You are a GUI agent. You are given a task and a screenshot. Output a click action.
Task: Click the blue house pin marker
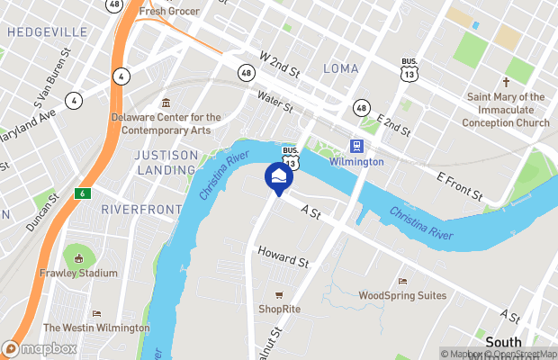pyautogui.click(x=278, y=175)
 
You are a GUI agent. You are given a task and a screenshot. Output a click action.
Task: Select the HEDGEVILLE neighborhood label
pyautogui.click(x=48, y=32)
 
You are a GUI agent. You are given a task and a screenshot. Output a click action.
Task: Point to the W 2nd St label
pyautogui.click(x=278, y=61)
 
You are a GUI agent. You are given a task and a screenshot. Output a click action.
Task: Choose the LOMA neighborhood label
pyautogui.click(x=340, y=69)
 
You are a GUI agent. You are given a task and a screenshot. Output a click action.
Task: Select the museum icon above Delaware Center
pyautogui.click(x=165, y=103)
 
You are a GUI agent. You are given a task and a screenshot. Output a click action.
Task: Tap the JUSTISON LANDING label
pyautogui.click(x=166, y=162)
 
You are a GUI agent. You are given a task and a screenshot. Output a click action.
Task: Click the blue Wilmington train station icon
pyautogui.click(x=357, y=147)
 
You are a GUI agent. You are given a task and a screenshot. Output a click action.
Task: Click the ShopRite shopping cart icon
pyautogui.click(x=279, y=294)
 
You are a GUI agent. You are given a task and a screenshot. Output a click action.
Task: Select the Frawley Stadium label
pyautogui.click(x=78, y=273)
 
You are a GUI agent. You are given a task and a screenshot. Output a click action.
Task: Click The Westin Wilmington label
pyautogui.click(x=97, y=328)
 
